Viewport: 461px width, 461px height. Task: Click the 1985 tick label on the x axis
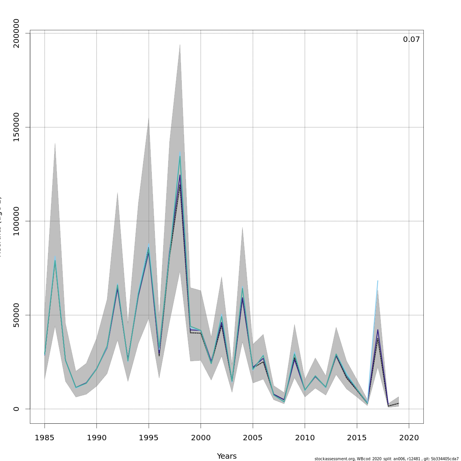click(45, 438)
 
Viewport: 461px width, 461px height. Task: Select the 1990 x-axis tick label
click(96, 438)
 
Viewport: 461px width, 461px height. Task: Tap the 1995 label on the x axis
click(149, 438)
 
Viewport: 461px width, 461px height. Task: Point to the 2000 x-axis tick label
click(201, 438)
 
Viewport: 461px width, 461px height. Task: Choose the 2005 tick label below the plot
click(253, 438)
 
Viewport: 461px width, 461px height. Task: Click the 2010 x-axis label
click(305, 438)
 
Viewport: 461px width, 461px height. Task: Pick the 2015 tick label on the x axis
click(357, 438)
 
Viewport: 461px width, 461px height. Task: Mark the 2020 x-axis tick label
click(409, 438)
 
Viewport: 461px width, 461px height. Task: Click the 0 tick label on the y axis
click(16, 409)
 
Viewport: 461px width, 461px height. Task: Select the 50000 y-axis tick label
click(16, 315)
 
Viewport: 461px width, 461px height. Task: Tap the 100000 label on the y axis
click(16, 221)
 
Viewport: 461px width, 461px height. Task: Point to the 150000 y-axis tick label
click(16, 127)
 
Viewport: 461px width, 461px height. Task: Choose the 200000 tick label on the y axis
click(16, 33)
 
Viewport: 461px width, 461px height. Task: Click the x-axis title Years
click(227, 456)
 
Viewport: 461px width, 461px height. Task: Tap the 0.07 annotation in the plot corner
click(411, 40)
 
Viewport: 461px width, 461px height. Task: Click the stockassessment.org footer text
click(386, 459)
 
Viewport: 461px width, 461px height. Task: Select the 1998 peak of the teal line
click(180, 156)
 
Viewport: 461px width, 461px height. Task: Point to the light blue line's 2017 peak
click(378, 281)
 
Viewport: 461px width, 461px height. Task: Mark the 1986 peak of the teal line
click(55, 260)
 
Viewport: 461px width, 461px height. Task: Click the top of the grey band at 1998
click(180, 45)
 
